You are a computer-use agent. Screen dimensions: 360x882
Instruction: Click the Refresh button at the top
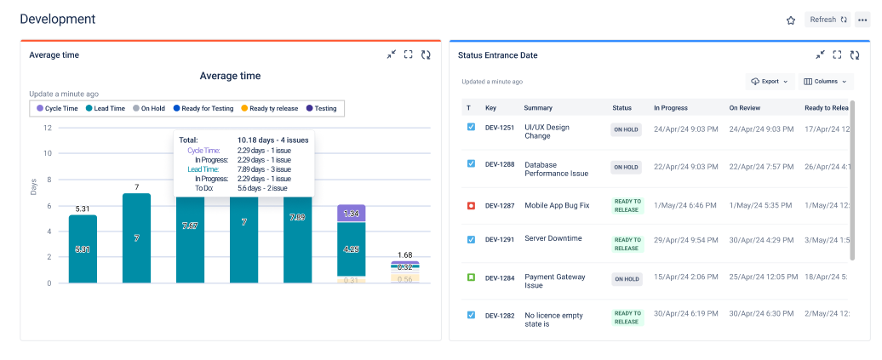(828, 20)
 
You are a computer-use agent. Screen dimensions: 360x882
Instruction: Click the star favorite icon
(790, 20)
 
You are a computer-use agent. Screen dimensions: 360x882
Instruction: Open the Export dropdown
(769, 82)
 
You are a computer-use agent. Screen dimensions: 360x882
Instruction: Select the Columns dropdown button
(826, 82)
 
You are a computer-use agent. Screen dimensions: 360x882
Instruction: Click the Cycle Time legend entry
(57, 108)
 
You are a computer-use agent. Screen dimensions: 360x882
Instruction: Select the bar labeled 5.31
(83, 249)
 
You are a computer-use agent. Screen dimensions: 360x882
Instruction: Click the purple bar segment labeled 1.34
(351, 214)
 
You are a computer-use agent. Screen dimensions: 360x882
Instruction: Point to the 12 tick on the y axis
(48, 128)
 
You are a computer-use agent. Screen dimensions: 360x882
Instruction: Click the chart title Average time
(230, 76)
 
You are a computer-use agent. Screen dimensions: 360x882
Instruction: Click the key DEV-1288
(500, 164)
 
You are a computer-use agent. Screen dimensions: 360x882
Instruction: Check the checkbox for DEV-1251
(471, 127)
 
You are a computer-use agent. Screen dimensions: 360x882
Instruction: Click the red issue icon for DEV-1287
(471, 206)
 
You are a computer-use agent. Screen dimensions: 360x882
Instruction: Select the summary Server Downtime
(553, 238)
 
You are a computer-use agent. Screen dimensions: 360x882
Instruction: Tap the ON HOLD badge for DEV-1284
(626, 278)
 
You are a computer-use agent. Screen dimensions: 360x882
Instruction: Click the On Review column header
(749, 108)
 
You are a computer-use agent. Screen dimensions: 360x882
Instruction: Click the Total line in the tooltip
(243, 140)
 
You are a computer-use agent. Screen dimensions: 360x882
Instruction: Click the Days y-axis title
(34, 186)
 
